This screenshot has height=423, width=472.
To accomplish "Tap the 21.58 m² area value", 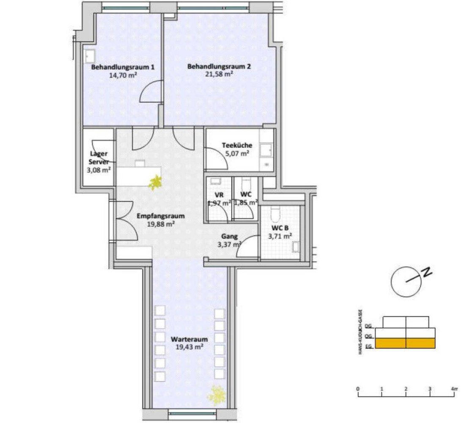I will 217,74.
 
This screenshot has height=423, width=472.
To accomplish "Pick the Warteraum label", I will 189,339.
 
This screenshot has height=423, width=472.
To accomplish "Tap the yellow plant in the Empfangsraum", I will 154,182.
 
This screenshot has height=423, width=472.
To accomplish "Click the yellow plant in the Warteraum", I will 217,395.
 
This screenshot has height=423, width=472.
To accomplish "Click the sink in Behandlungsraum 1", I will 90,55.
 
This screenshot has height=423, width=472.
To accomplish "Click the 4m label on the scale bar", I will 454,388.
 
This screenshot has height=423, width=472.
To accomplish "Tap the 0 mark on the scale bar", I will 358,388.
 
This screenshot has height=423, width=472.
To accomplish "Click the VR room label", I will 219,195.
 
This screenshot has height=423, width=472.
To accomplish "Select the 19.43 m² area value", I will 189,347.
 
